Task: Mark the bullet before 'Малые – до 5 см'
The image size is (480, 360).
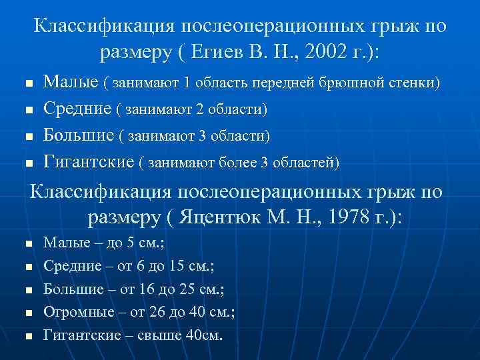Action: (x=27, y=245)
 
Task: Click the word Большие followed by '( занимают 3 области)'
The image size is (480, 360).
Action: (x=79, y=135)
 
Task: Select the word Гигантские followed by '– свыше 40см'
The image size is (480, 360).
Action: (x=79, y=335)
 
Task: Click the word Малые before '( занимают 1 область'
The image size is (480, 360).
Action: (x=71, y=83)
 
